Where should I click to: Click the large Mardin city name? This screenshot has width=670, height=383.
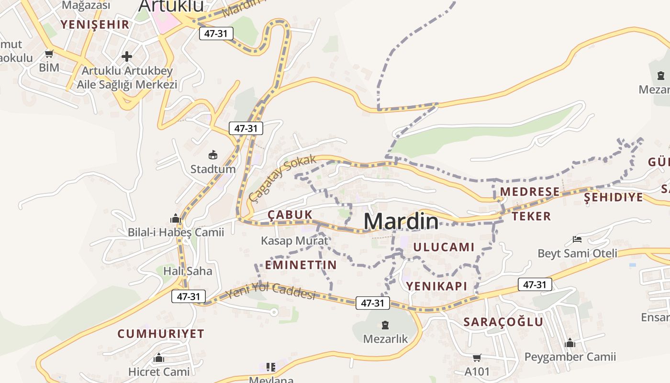[x=401, y=221]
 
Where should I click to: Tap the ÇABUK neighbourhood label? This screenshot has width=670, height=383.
[x=290, y=214]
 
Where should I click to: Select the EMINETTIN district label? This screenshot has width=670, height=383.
[x=301, y=265]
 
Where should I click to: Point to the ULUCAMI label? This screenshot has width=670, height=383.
[x=444, y=247]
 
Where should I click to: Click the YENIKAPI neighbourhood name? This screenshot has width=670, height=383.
[x=436, y=286]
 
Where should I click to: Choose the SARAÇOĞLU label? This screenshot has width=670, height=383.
[x=503, y=322]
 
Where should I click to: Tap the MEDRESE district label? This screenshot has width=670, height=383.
[x=530, y=192]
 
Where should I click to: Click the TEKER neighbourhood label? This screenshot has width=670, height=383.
[x=531, y=216]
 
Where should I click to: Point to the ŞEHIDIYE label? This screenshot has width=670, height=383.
[x=614, y=197]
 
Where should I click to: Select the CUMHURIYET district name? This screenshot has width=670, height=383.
[x=161, y=334]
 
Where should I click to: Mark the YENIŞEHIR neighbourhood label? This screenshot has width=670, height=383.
[x=95, y=24]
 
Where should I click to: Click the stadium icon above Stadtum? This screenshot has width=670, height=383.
[x=213, y=155]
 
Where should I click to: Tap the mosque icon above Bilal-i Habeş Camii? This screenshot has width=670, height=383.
[x=175, y=219]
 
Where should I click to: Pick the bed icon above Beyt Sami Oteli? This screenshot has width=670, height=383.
[x=577, y=239]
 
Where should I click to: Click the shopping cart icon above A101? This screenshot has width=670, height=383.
[x=477, y=358]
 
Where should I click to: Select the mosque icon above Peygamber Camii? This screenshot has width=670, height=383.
[x=569, y=343]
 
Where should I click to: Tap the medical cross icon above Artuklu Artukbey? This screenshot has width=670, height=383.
[x=127, y=57]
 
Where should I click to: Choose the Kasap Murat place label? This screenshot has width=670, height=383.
[x=294, y=241]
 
